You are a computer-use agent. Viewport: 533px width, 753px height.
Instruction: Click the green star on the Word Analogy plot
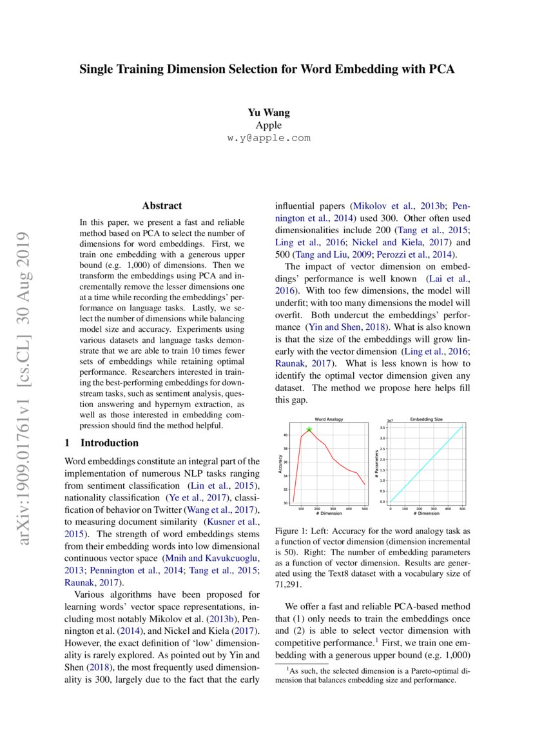pyautogui.click(x=309, y=430)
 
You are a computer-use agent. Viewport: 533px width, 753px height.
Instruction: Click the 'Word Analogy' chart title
pyautogui.click(x=328, y=419)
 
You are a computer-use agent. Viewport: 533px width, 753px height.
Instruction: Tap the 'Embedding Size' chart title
pyautogui.click(x=426, y=419)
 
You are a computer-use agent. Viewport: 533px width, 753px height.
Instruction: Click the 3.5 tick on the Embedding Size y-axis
pyautogui.click(x=382, y=428)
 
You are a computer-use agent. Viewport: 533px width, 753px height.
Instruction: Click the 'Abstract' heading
pyautogui.click(x=162, y=206)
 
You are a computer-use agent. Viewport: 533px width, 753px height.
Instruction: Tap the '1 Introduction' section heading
pyautogui.click(x=102, y=443)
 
